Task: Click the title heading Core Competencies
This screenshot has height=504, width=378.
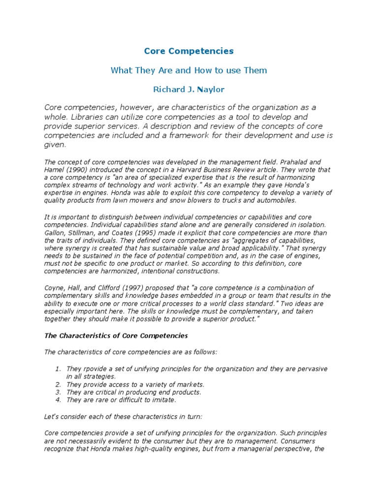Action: (189, 51)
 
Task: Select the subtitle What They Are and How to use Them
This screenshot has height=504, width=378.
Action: (189, 70)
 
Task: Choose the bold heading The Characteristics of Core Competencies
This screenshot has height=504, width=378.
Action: (116, 336)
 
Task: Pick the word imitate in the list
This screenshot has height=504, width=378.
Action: (162, 400)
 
